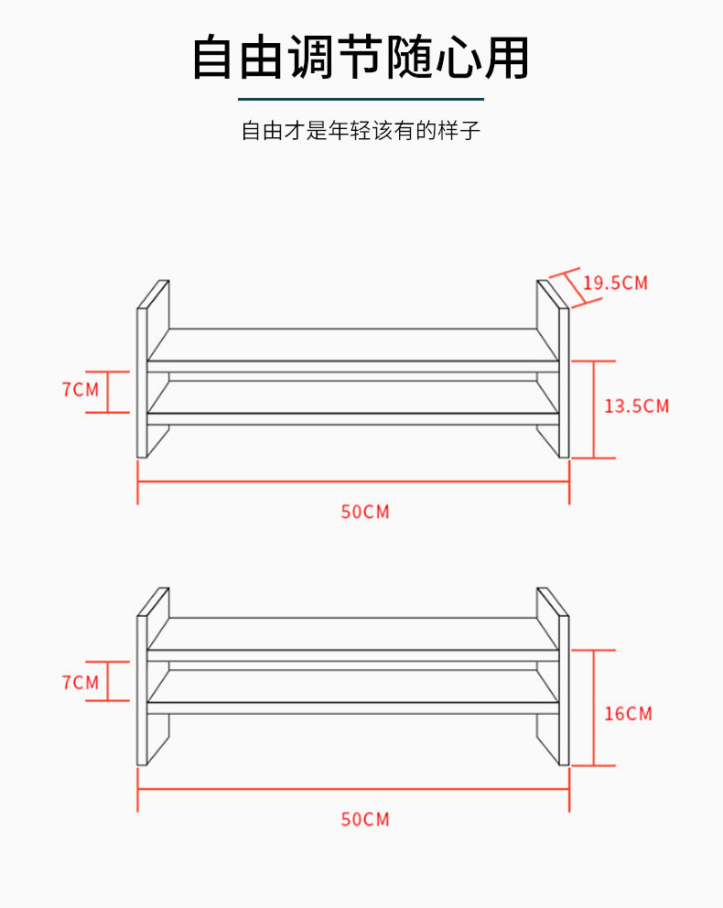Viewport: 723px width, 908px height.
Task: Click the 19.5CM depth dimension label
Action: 615,282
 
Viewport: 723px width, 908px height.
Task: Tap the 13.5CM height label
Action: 636,405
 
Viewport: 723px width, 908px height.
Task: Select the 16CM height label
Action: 628,713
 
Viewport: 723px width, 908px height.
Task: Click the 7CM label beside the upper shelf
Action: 80,389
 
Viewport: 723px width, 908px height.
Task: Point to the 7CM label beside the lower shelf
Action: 80,682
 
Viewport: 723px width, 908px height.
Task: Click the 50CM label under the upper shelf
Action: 365,512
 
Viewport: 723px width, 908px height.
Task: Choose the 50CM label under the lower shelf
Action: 365,819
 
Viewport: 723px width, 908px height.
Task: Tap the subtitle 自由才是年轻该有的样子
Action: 361,131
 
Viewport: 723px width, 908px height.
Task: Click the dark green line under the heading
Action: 361,98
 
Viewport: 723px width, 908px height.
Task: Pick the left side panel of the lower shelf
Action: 143,690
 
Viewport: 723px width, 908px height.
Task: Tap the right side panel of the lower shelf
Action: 564,690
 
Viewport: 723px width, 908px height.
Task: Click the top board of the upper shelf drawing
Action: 353,344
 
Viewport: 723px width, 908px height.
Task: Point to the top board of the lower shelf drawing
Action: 353,633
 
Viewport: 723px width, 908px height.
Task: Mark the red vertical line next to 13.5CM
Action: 594,409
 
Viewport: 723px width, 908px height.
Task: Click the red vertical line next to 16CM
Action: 594,708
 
